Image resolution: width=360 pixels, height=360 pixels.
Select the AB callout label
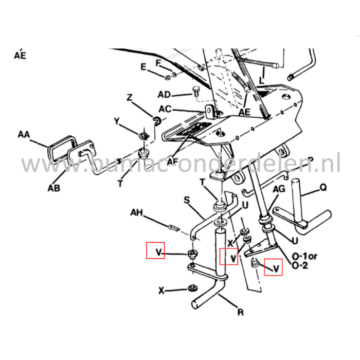click(53, 188)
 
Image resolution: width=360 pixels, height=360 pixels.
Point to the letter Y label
click(117, 121)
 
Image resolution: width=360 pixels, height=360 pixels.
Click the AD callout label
click(164, 95)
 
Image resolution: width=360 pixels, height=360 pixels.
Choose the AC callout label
click(165, 109)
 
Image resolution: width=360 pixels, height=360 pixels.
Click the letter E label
click(143, 67)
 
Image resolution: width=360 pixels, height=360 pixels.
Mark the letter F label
click(159, 63)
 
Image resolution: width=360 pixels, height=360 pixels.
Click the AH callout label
click(136, 212)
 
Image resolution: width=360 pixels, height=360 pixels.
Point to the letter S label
click(186, 199)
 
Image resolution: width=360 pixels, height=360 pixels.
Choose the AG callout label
click(278, 190)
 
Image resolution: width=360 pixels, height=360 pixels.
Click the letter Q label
click(322, 188)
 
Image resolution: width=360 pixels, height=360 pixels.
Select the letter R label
click(240, 312)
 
